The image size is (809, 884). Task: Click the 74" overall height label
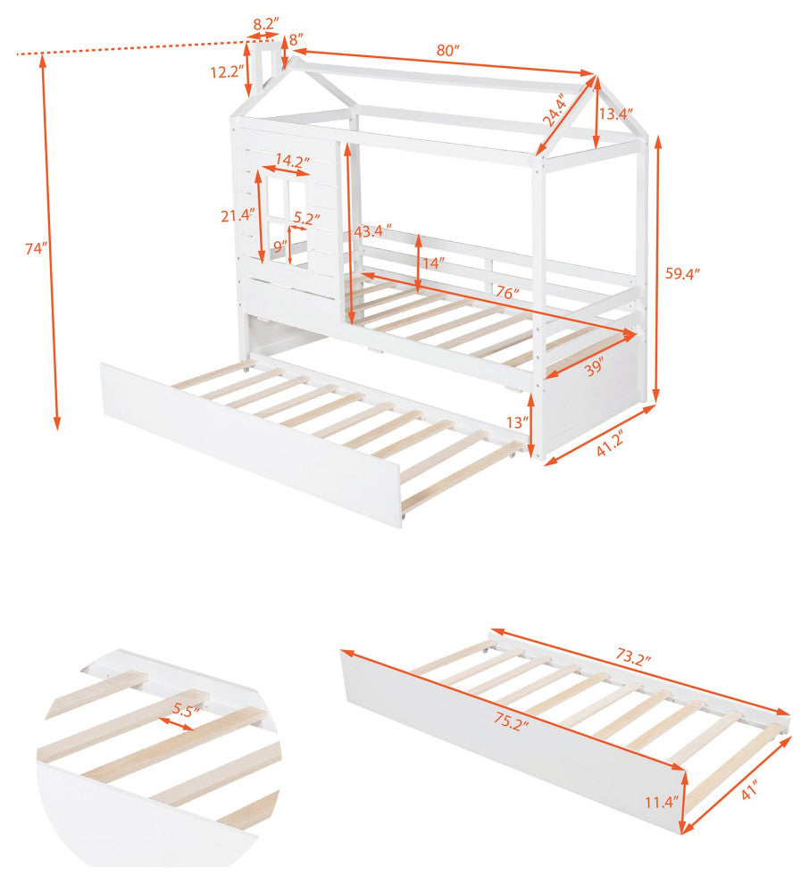click(36, 248)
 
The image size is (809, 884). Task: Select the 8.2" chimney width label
click(266, 24)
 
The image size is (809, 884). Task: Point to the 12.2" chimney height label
click(227, 72)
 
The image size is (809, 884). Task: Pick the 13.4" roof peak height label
click(615, 114)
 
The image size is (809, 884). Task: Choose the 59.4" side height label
click(682, 274)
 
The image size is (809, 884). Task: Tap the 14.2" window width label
click(292, 161)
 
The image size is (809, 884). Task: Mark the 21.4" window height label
click(238, 215)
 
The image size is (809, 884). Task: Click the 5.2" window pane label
click(306, 217)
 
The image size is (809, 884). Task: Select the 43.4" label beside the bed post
click(372, 231)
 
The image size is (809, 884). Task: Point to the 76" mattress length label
click(507, 293)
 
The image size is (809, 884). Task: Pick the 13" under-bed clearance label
click(518, 421)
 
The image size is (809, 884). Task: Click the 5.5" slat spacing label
click(186, 711)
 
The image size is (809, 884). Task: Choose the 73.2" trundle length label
click(633, 657)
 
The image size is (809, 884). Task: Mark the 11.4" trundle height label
click(662, 801)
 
